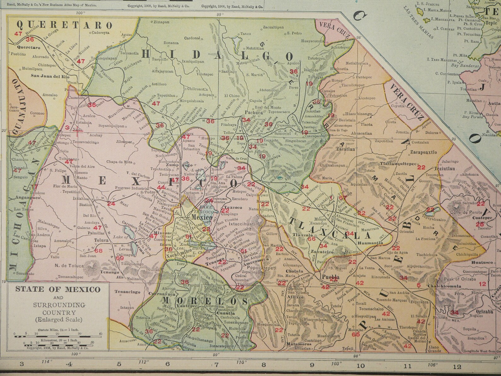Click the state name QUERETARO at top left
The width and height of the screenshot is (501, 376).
[64, 25]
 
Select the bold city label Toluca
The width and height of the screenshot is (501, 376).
[100, 240]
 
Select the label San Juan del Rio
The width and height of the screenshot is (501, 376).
[51, 76]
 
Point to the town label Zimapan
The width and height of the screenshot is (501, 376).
[161, 22]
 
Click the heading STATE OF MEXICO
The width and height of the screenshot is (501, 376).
[58, 289]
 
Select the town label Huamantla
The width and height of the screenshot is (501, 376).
[370, 243]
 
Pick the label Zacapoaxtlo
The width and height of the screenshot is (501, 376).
[423, 152]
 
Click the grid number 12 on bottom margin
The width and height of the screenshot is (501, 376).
[457, 367]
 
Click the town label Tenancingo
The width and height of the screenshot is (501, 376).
[127, 292]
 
